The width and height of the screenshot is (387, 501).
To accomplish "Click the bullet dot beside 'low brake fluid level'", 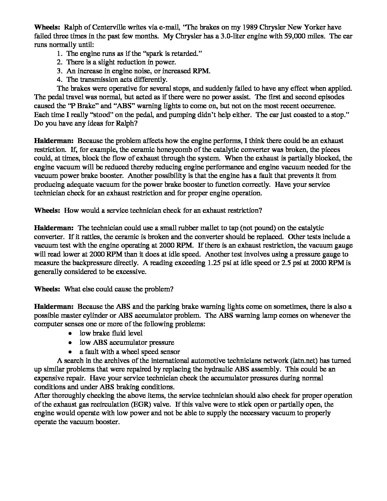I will pyautogui.click(x=71, y=333).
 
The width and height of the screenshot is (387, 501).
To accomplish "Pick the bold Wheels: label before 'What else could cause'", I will pyautogui.click(x=47, y=289).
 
